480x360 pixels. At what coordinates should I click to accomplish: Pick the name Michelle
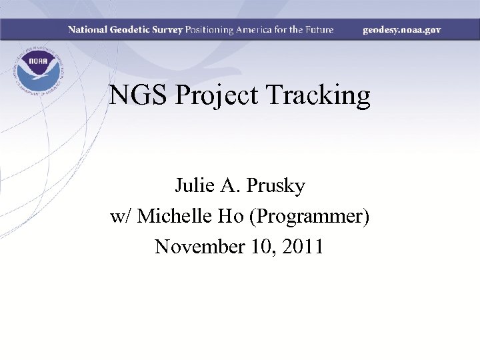[179, 217]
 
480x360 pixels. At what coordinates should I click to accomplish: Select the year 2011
[303, 247]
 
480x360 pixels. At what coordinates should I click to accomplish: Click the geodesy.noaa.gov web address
[401, 30]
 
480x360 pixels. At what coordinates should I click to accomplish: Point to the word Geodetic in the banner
[132, 30]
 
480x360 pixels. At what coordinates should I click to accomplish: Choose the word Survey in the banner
[169, 30]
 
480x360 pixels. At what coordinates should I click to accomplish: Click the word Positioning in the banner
[209, 30]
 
